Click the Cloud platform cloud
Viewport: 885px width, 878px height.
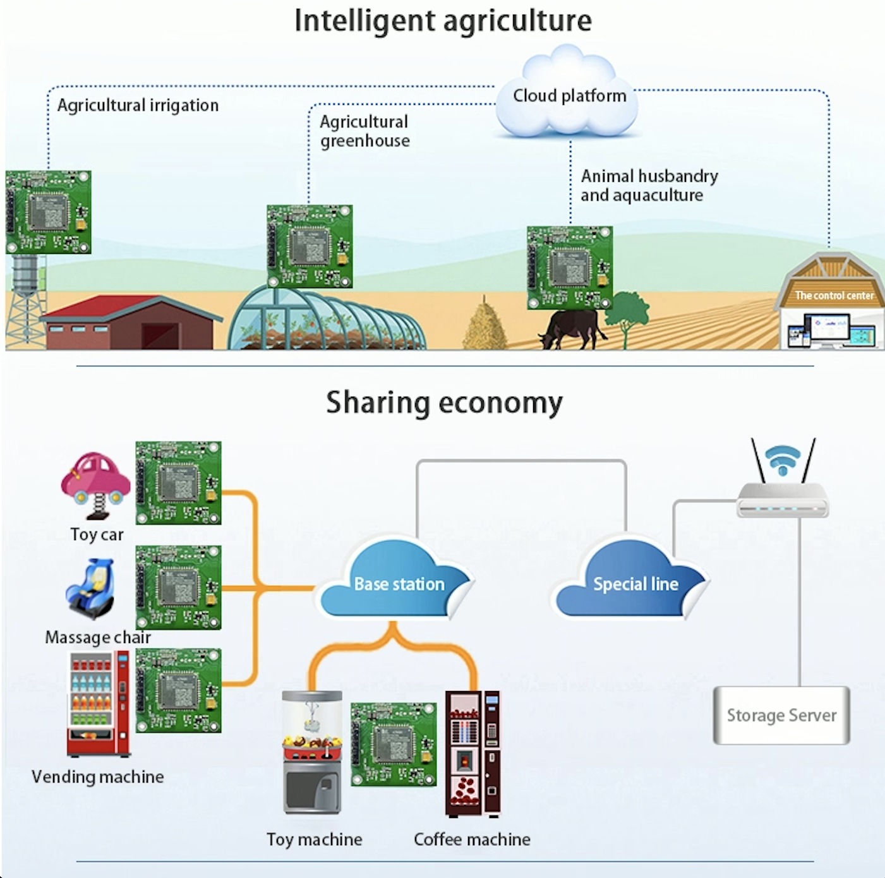click(568, 92)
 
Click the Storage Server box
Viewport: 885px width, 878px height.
click(781, 715)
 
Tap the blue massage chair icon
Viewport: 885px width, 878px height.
click(90, 589)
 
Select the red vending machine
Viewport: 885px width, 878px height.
click(99, 704)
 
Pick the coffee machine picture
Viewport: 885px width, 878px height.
click(473, 754)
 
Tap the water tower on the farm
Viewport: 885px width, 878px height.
click(26, 301)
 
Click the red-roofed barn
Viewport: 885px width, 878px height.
click(131, 323)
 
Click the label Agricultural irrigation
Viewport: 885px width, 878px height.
click(138, 105)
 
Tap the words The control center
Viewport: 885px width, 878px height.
click(834, 296)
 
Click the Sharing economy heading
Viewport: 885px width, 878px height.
click(444, 402)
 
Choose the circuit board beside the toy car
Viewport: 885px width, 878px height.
click(178, 483)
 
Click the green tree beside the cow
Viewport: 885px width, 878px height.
click(625, 318)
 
